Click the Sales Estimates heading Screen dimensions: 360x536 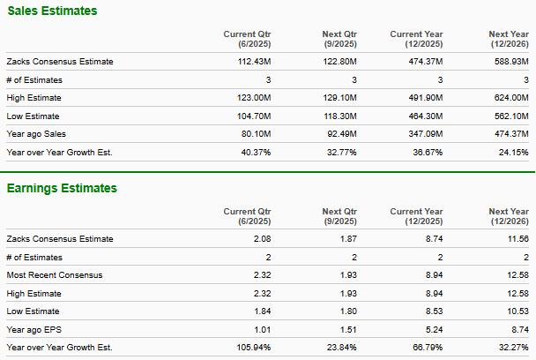tap(52, 11)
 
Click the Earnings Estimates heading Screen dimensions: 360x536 tap(62, 188)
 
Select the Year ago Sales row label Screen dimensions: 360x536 tap(36, 133)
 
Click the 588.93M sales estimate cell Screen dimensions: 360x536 tap(510, 62)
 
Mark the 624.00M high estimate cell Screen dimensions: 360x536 tap(510, 98)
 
